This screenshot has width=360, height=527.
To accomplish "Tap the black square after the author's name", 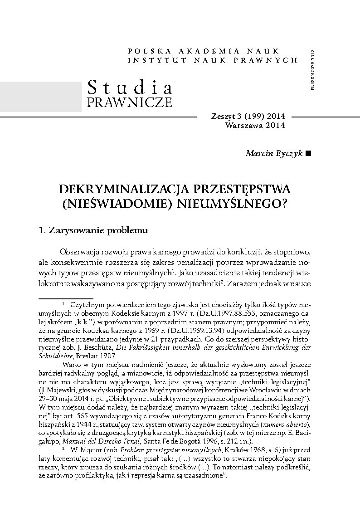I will [x=309, y=153].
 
